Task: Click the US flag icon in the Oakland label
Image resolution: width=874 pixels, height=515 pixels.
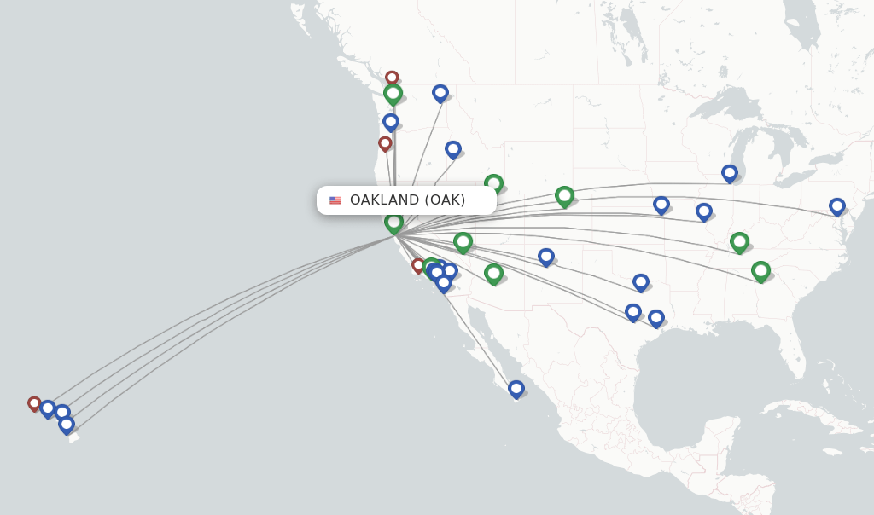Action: tap(335, 200)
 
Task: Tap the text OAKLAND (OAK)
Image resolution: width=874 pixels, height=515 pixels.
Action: tap(407, 200)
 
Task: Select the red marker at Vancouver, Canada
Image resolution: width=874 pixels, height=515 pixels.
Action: tap(392, 78)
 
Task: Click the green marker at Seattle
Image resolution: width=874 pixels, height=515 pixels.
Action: tap(393, 93)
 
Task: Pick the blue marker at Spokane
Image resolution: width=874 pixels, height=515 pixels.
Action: tap(440, 92)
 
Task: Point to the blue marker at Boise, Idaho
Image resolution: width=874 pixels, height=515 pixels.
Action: tap(453, 149)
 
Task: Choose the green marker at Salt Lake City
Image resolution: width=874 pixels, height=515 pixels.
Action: tap(493, 183)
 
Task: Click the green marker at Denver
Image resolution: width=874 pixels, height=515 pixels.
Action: tap(564, 196)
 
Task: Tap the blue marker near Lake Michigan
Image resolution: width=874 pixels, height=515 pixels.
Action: tap(729, 173)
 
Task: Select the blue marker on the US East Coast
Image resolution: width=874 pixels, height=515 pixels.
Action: tap(837, 206)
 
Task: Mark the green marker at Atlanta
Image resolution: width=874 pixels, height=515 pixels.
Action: tap(760, 271)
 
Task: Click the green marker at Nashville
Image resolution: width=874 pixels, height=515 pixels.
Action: tap(739, 242)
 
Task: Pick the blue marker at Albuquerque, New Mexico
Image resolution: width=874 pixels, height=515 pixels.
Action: tap(546, 256)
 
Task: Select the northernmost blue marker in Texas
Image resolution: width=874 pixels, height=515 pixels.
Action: tap(641, 281)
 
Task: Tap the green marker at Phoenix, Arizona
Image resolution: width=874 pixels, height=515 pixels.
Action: tap(493, 273)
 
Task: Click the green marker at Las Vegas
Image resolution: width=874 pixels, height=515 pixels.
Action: tap(463, 242)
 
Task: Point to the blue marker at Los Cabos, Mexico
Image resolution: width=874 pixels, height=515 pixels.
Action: tap(516, 389)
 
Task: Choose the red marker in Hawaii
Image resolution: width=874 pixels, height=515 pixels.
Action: tap(34, 403)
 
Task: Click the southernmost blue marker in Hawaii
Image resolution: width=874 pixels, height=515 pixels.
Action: tap(67, 424)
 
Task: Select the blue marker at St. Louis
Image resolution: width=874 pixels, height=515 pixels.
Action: tap(703, 211)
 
